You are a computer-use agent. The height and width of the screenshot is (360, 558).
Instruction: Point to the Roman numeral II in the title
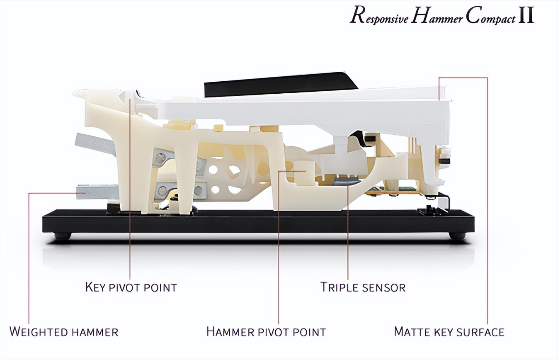click(x=526, y=16)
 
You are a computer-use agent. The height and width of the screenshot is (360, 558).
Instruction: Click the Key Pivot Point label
click(x=131, y=287)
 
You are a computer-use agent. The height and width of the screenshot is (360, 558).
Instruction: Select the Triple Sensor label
click(x=363, y=287)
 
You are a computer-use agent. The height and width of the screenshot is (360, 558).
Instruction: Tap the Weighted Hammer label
click(x=64, y=332)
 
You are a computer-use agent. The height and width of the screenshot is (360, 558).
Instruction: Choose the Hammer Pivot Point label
click(x=266, y=332)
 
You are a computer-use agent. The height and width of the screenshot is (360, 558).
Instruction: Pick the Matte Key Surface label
click(x=449, y=332)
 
